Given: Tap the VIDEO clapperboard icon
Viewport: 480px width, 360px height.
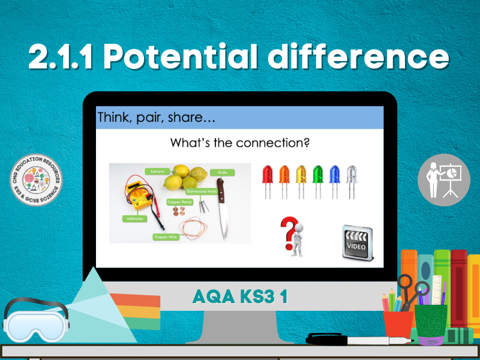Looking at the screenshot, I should click(x=358, y=242).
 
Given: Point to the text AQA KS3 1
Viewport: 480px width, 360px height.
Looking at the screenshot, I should click(x=239, y=296).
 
